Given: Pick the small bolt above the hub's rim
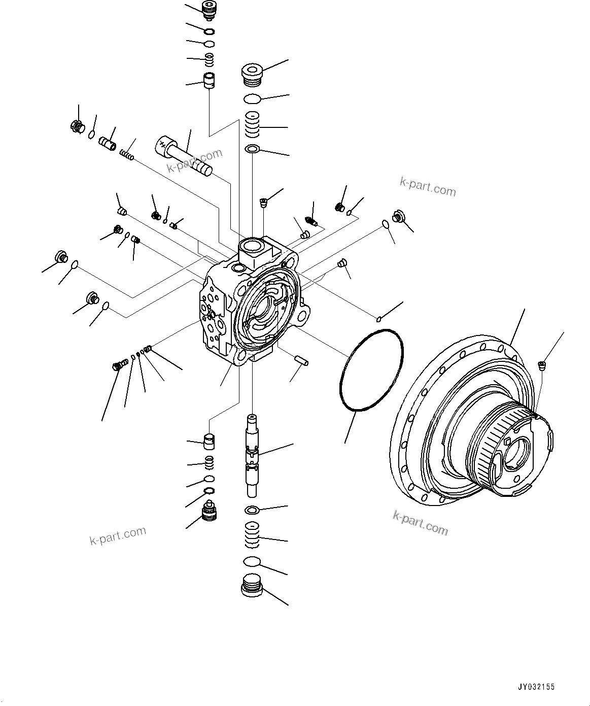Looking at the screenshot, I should (x=542, y=364).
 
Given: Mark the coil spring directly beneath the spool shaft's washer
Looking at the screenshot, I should (x=252, y=534).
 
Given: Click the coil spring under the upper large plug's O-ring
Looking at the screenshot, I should (x=252, y=124).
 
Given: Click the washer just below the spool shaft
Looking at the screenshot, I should (x=252, y=510).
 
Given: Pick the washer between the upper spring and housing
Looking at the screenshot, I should (x=252, y=149).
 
